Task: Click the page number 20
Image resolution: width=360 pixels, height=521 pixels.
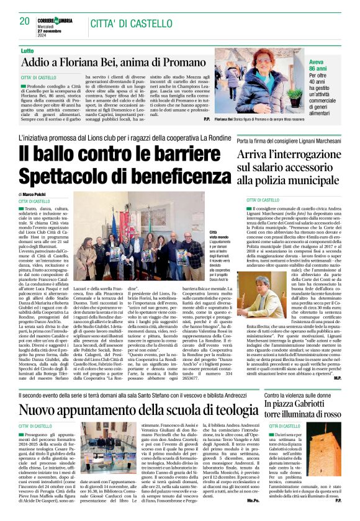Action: [x=25, y=20]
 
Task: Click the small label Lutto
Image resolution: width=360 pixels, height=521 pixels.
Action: [x=27, y=50]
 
